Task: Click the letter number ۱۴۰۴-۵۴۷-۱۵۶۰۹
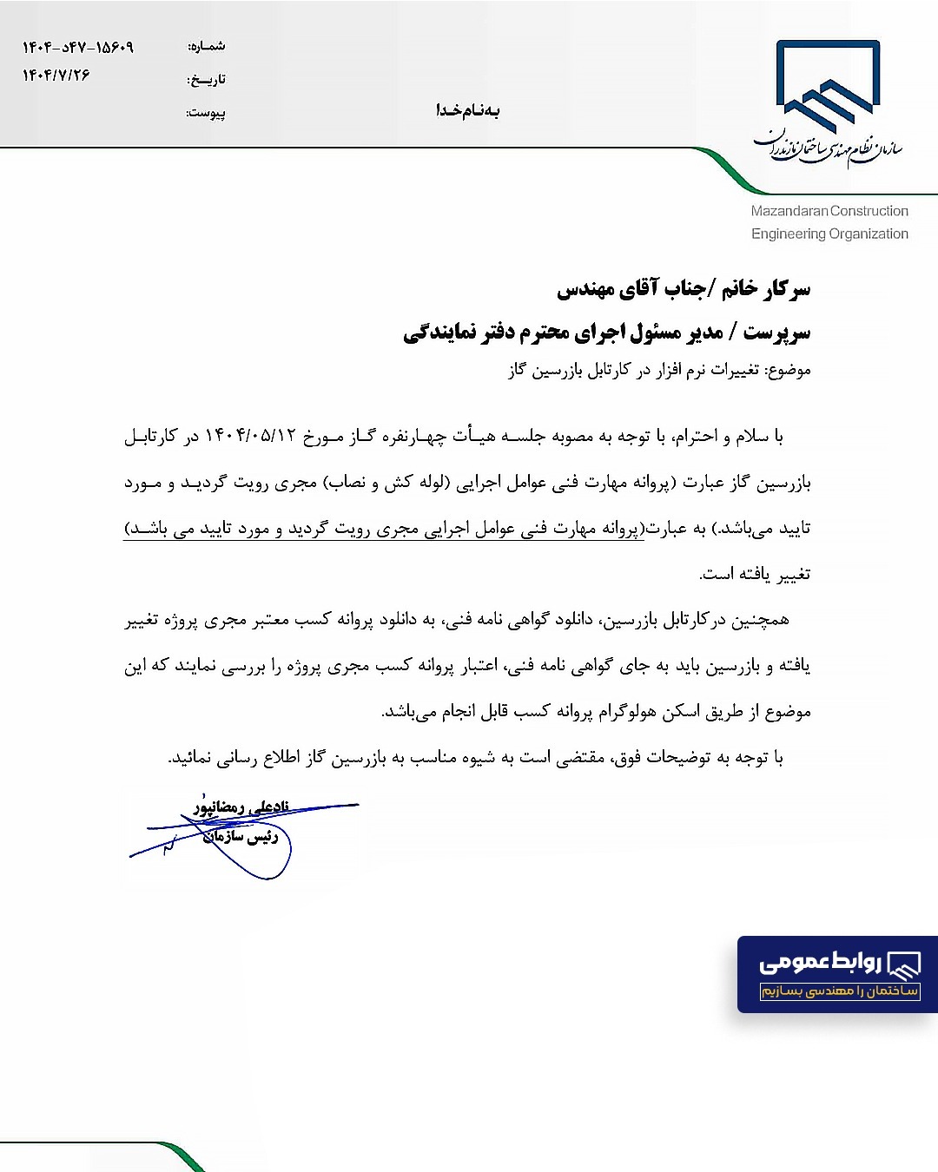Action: pyautogui.click(x=78, y=47)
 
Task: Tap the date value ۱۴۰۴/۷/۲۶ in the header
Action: pyautogui.click(x=56, y=76)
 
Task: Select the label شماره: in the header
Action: pyautogui.click(x=207, y=46)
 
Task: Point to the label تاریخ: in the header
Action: pyautogui.click(x=207, y=79)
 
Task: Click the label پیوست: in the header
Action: pyautogui.click(x=207, y=112)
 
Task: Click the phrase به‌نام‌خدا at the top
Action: pyautogui.click(x=468, y=110)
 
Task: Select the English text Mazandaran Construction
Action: pyautogui.click(x=829, y=211)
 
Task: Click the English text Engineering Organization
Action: pyautogui.click(x=829, y=234)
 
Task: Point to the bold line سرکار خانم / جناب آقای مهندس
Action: pyautogui.click(x=684, y=288)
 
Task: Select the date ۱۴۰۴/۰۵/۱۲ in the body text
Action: pyautogui.click(x=251, y=436)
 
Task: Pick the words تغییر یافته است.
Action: pyautogui.click(x=755, y=574)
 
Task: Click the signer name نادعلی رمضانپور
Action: pyautogui.click(x=241, y=807)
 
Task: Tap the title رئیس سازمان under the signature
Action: pyautogui.click(x=241, y=836)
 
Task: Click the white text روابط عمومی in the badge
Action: pyautogui.click(x=821, y=962)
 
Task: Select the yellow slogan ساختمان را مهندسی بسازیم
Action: pyautogui.click(x=840, y=991)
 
